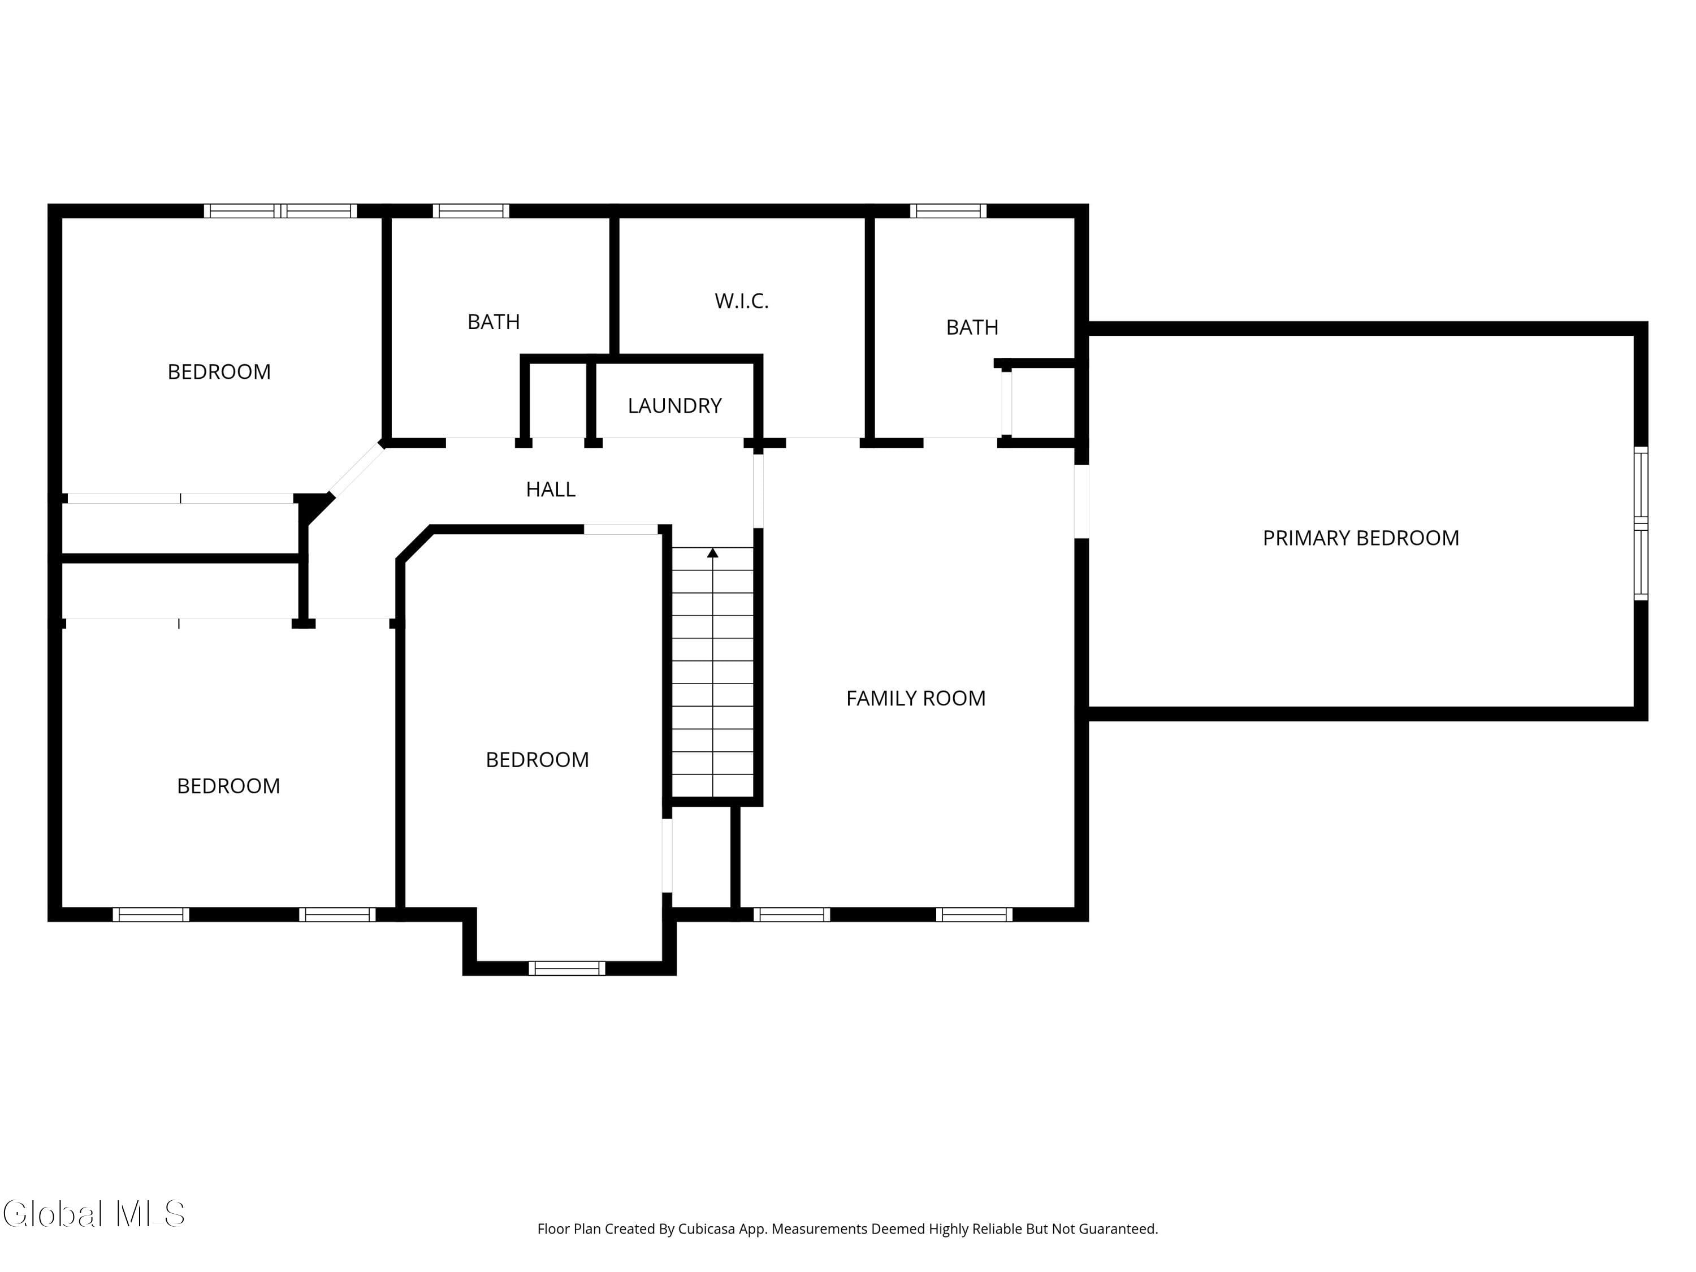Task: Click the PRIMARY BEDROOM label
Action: [1361, 538]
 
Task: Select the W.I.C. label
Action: [741, 301]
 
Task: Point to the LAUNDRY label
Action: [674, 405]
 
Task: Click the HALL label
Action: [551, 489]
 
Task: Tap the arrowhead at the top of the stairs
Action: [712, 552]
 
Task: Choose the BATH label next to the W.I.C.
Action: [972, 327]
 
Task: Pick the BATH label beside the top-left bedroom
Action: [494, 322]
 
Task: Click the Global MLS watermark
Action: [93, 1214]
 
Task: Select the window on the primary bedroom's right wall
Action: [1640, 523]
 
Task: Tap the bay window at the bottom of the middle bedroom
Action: [566, 968]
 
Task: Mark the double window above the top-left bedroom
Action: [280, 211]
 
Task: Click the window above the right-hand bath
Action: [949, 211]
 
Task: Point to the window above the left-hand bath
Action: [471, 211]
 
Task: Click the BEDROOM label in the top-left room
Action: [219, 372]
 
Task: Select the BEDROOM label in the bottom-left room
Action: [228, 786]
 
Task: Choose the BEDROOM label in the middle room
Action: [538, 760]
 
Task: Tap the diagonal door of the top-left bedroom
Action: [357, 469]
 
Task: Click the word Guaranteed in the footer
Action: [1119, 1229]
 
